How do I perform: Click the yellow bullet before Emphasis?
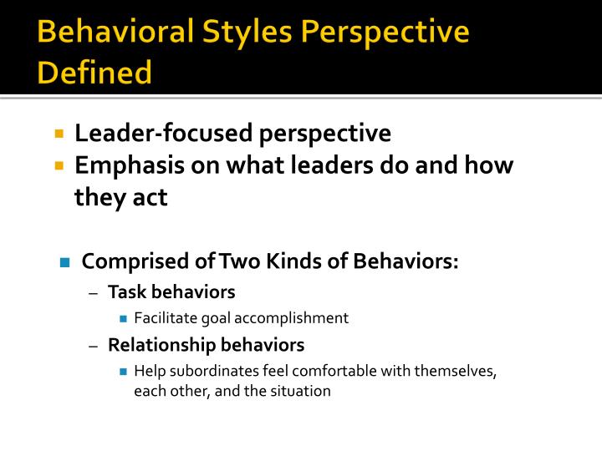pyautogui.click(x=59, y=165)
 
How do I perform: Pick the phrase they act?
pyautogui.click(x=121, y=198)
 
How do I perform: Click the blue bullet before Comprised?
pyautogui.click(x=64, y=262)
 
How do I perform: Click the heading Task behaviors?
pyautogui.click(x=171, y=292)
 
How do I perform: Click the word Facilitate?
pyautogui.click(x=162, y=318)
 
